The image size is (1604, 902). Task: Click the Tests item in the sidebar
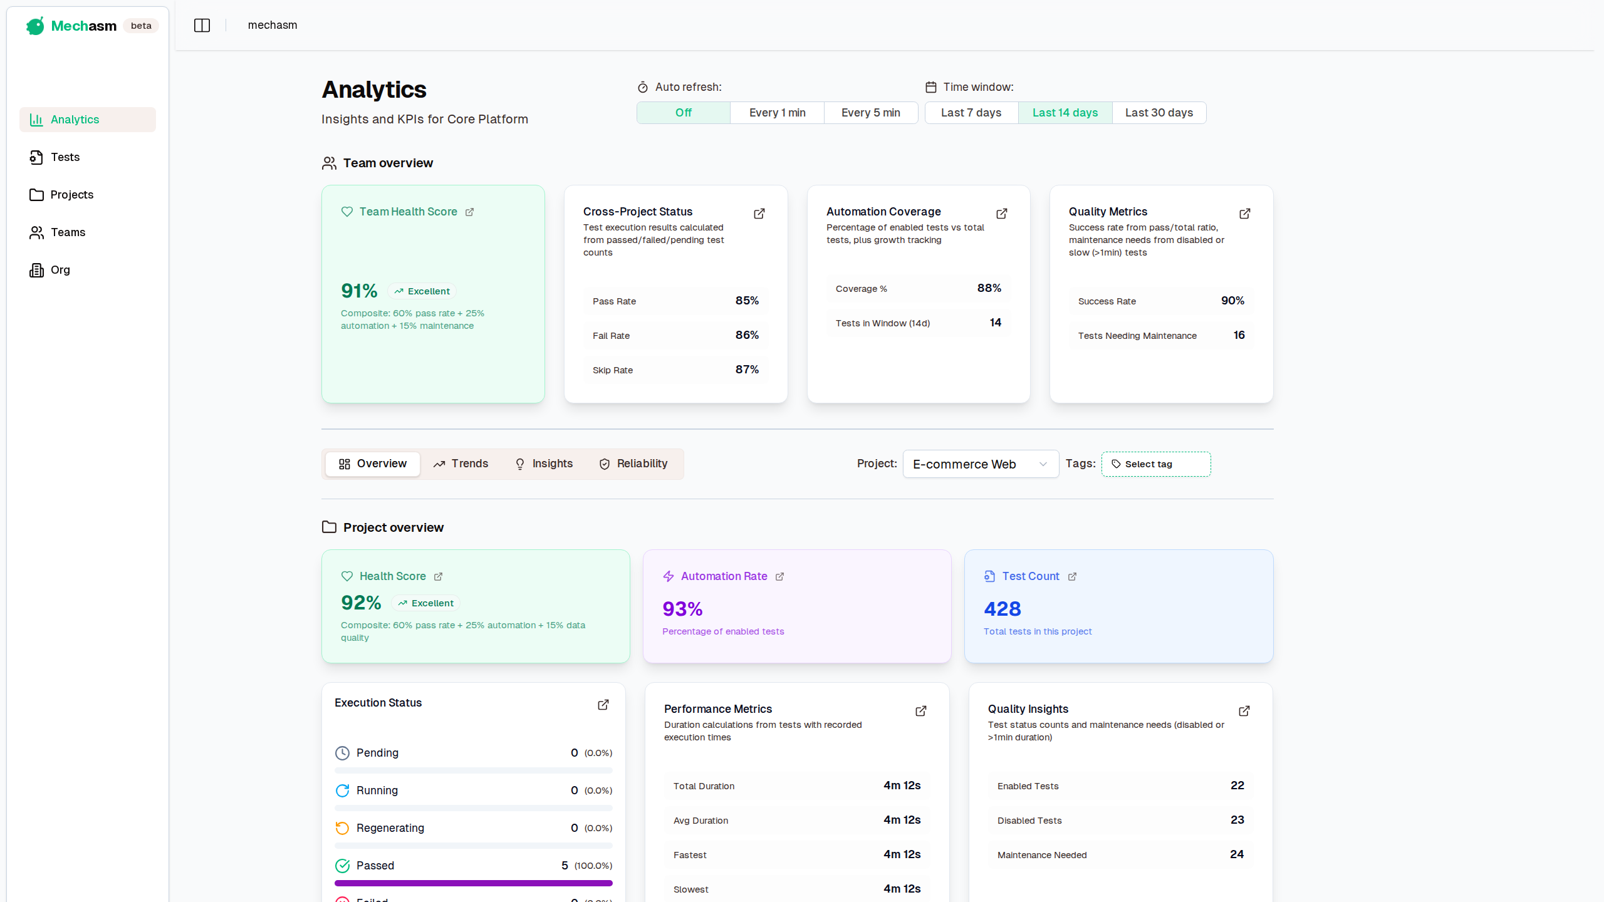(65, 157)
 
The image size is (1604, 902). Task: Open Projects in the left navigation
(71, 195)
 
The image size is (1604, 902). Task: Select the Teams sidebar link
(68, 232)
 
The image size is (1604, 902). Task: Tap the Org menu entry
(60, 270)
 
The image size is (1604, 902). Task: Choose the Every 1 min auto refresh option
(777, 113)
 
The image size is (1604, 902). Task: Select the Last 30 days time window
(1159, 113)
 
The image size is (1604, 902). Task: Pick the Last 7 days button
(971, 113)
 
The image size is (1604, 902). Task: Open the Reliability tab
(633, 464)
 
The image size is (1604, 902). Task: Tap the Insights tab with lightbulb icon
(544, 464)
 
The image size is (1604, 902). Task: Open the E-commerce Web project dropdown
(980, 464)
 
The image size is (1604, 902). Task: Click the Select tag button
(1155, 464)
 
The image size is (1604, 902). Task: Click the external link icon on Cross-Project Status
(759, 214)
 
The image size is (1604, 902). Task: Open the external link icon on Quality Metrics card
(1244, 214)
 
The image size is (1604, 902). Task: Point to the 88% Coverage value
(989, 288)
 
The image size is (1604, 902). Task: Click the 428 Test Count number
(1002, 609)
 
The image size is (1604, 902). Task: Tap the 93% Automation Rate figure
(682, 609)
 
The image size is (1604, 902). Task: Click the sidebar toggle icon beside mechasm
(202, 25)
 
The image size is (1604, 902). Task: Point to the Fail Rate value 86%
(747, 335)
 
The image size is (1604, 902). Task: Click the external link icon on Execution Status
(603, 705)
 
